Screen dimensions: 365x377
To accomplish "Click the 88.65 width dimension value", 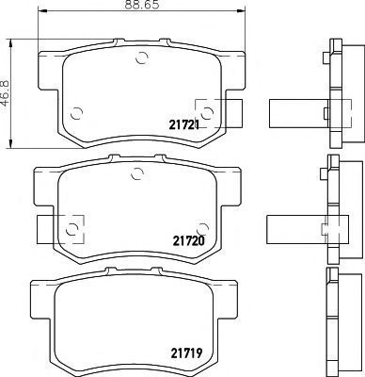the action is tap(142, 5).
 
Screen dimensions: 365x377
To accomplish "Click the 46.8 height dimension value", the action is tap(6, 93).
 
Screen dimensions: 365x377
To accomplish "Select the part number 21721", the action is tap(184, 125).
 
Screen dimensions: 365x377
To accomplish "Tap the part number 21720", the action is tap(189, 241).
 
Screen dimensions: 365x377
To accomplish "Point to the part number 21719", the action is tap(186, 353).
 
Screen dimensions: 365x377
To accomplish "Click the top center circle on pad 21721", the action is tap(141, 57).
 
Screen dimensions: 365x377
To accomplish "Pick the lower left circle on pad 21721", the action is tap(76, 113).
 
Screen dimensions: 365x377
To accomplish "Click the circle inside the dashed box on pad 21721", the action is tap(207, 113).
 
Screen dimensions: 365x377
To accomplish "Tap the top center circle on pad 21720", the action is tap(137, 173).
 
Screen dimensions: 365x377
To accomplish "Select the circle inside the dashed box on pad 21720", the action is tap(72, 230).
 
